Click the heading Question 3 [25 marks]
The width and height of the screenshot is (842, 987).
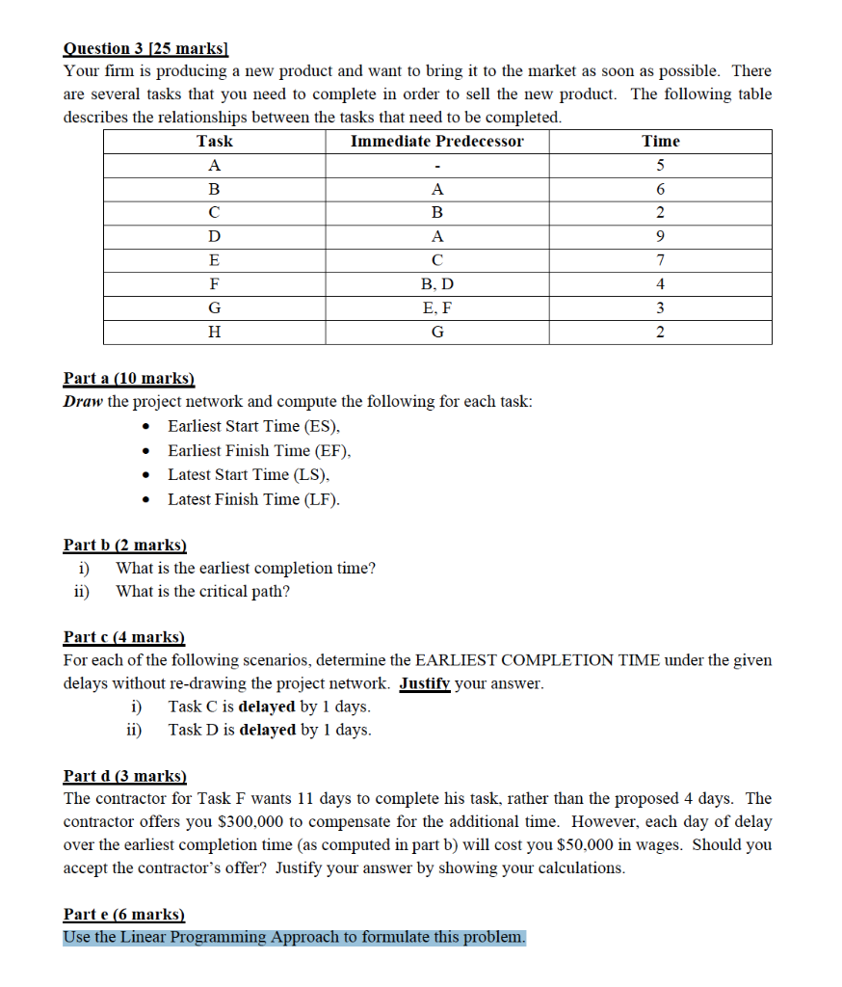click(x=151, y=48)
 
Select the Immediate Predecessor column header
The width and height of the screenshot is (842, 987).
click(x=436, y=141)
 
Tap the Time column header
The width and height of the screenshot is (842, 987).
click(x=661, y=141)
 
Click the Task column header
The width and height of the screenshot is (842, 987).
click(x=214, y=141)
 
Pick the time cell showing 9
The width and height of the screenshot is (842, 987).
click(x=661, y=236)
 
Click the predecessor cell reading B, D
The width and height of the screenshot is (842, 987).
click(x=437, y=284)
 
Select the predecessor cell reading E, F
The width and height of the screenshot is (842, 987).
click(x=437, y=308)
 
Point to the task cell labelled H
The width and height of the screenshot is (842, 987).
click(x=214, y=333)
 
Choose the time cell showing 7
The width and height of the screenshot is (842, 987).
click(x=661, y=260)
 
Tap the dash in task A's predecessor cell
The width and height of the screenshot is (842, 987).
click(x=437, y=166)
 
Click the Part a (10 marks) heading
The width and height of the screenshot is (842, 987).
click(x=128, y=379)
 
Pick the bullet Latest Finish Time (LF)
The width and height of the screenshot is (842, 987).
click(x=253, y=498)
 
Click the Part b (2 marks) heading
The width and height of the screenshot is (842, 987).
click(x=124, y=545)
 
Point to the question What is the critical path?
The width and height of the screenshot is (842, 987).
click(x=202, y=591)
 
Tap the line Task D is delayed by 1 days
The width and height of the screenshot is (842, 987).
click(x=269, y=730)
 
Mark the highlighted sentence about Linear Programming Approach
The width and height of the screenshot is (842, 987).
click(x=295, y=937)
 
